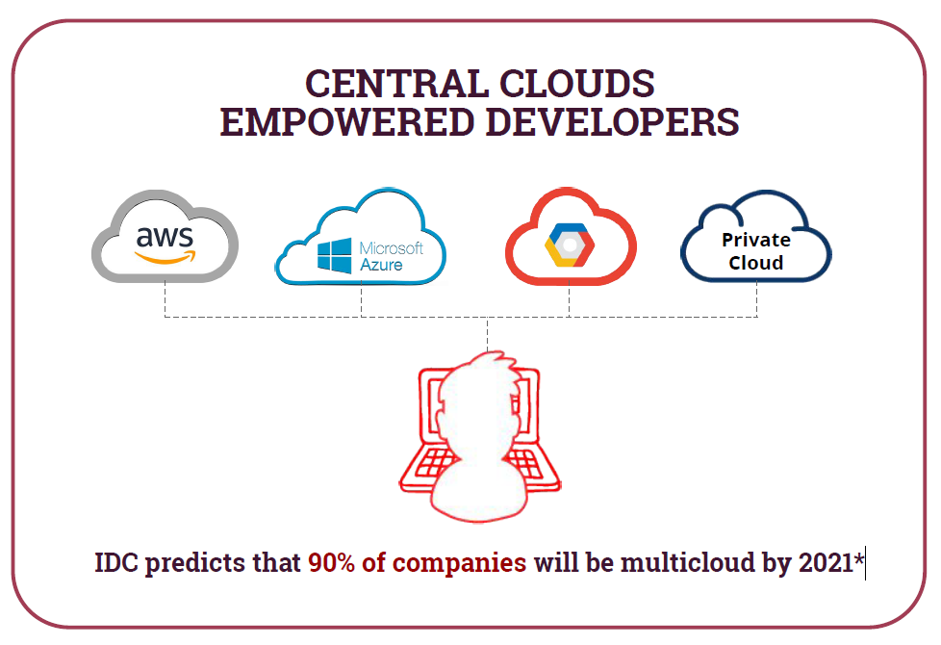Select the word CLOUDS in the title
click(576, 83)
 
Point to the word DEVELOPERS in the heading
click(612, 122)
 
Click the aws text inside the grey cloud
click(165, 237)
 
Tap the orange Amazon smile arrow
click(165, 257)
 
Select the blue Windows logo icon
click(334, 256)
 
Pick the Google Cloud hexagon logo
click(570, 245)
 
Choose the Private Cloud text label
click(756, 251)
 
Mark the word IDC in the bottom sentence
click(116, 563)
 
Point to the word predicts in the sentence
click(195, 564)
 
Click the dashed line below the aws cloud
click(165, 298)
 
